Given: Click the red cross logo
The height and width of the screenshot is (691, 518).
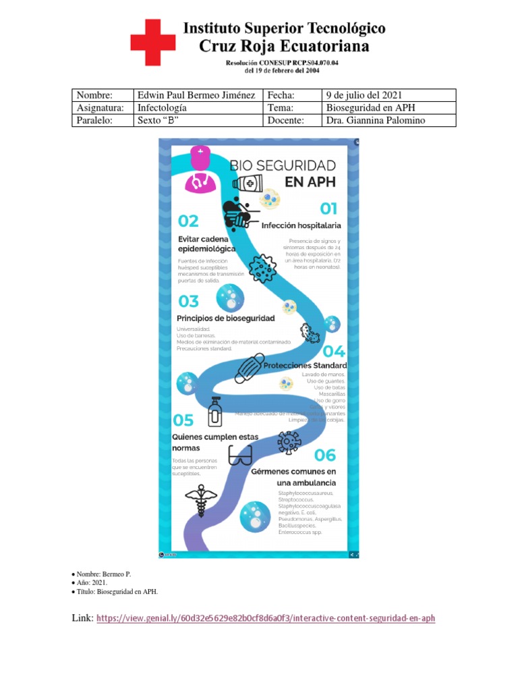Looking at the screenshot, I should click(x=152, y=43).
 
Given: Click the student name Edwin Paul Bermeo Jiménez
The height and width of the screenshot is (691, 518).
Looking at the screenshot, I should click(x=196, y=95).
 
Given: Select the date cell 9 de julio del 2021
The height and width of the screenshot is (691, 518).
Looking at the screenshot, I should click(x=364, y=95).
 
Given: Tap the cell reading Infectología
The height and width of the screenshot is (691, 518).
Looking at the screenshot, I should click(x=162, y=108).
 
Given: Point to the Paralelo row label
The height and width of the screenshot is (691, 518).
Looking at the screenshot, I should click(x=94, y=121).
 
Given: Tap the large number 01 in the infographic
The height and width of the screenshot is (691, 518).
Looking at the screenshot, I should click(x=328, y=209).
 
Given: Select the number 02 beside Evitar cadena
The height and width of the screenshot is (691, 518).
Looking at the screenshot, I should click(x=188, y=221).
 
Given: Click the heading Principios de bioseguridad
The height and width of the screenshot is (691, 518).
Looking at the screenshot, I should click(x=225, y=318).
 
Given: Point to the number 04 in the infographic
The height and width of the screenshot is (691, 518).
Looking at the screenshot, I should click(x=334, y=352).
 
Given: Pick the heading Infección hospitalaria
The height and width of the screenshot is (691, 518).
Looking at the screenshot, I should click(x=301, y=225).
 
